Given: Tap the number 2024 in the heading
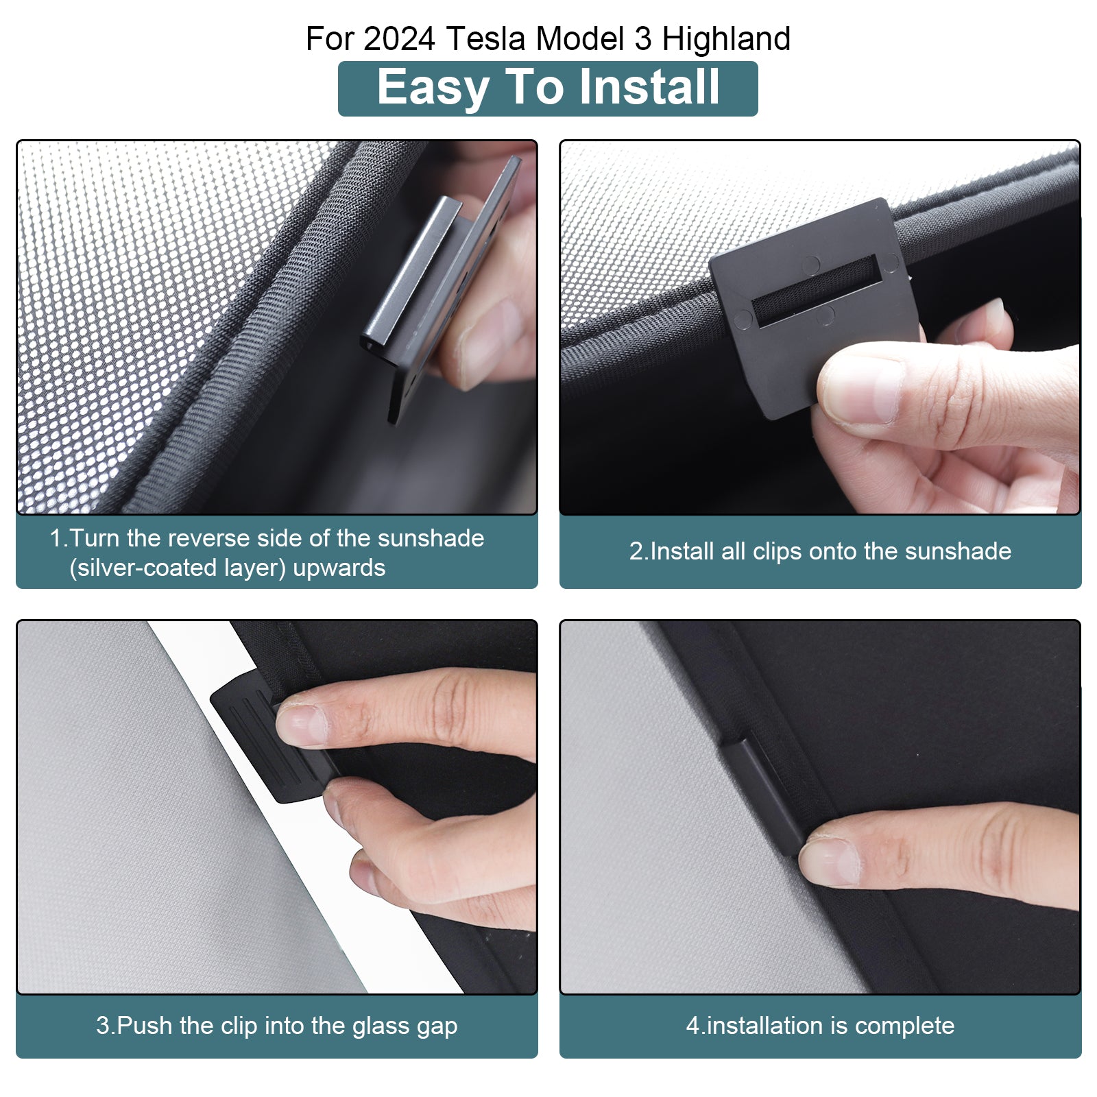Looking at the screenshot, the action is (399, 38).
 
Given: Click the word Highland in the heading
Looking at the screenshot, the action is (726, 40).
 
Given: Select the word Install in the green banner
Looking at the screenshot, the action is (649, 87).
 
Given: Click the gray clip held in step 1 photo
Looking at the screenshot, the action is (439, 288).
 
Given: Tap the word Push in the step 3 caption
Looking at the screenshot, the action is (145, 1026).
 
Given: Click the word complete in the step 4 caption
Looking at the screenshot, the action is (904, 1026).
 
